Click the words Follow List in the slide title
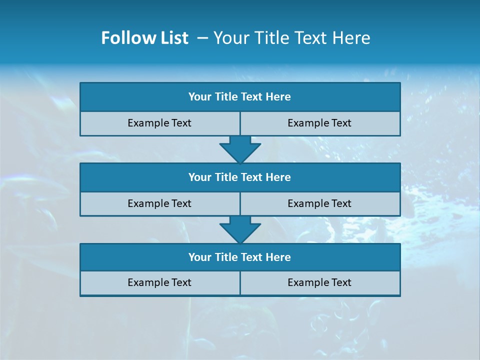(x=144, y=38)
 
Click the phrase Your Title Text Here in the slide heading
(x=291, y=38)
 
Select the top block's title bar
(x=240, y=97)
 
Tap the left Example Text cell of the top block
(x=159, y=123)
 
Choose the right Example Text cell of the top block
(x=319, y=123)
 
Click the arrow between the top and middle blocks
(x=240, y=149)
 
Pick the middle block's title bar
(x=240, y=177)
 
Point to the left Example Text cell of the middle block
(x=159, y=203)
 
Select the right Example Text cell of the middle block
(x=319, y=203)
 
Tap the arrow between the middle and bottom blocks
(x=240, y=229)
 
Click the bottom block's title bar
(x=240, y=257)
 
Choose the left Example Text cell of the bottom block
(x=159, y=282)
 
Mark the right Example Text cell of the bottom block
(x=319, y=282)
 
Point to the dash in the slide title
(x=203, y=38)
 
